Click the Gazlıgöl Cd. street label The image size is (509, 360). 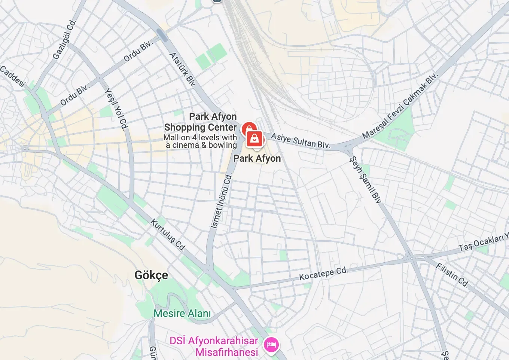tap(64, 40)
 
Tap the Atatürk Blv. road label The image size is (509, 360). tap(182, 70)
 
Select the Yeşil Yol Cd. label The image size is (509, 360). tap(116, 109)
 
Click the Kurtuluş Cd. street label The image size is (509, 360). tap(168, 235)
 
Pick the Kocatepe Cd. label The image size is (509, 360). tap(323, 273)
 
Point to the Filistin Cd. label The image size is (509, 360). tap(452, 275)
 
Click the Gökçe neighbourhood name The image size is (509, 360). tap(151, 275)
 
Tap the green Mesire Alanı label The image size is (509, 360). tap(182, 313)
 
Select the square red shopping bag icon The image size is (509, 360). tap(254, 139)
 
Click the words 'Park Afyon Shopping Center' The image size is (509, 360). tap(200, 122)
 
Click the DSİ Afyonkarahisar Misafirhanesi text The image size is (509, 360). tap(214, 346)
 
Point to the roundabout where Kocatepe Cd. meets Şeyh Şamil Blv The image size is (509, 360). tap(411, 258)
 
